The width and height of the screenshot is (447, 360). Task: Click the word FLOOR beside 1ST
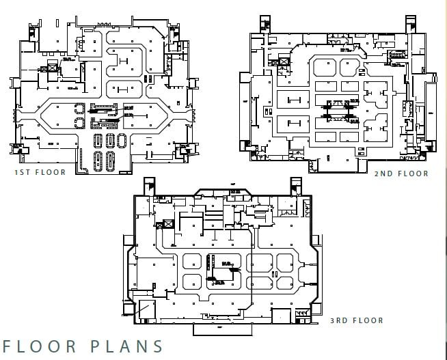pos(51,172)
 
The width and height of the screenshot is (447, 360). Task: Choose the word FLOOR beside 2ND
pos(414,174)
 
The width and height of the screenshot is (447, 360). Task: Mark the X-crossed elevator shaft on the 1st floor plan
pos(51,68)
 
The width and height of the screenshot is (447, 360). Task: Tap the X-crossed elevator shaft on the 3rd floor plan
pos(164,225)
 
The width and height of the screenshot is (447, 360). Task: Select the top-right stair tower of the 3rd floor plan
pos(297,185)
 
